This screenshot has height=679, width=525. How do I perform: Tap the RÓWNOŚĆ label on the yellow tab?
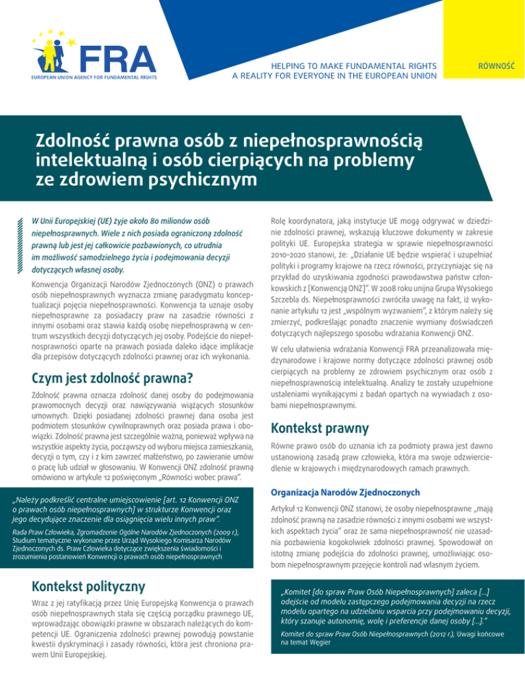(x=497, y=68)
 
